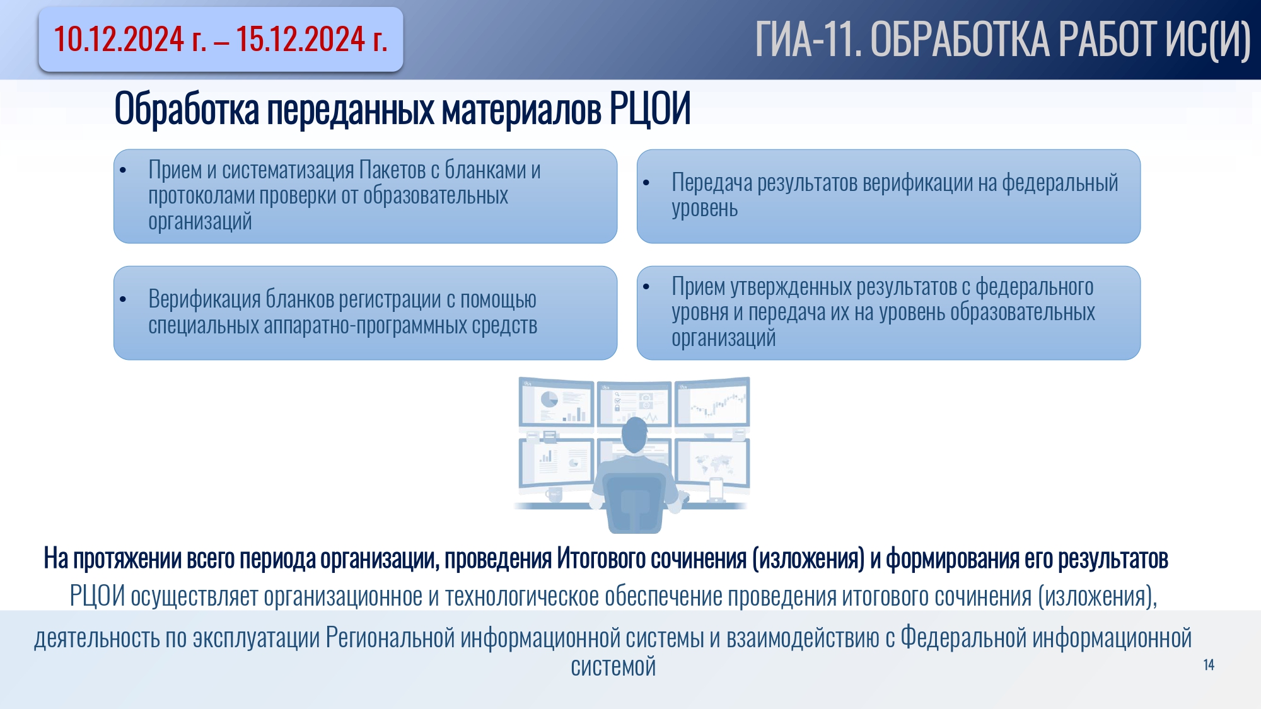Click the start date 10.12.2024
[119, 39]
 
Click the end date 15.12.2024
[301, 39]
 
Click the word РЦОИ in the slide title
[649, 108]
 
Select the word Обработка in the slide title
[187, 108]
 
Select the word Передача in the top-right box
[712, 183]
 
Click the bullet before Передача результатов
[646, 183]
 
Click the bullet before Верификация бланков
[123, 299]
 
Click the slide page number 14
[1209, 665]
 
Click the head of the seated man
[634, 435]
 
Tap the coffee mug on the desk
[554, 494]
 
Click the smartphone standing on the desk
[716, 489]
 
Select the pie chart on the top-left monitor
[550, 399]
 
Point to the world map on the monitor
[713, 464]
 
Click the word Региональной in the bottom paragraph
[390, 638]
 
